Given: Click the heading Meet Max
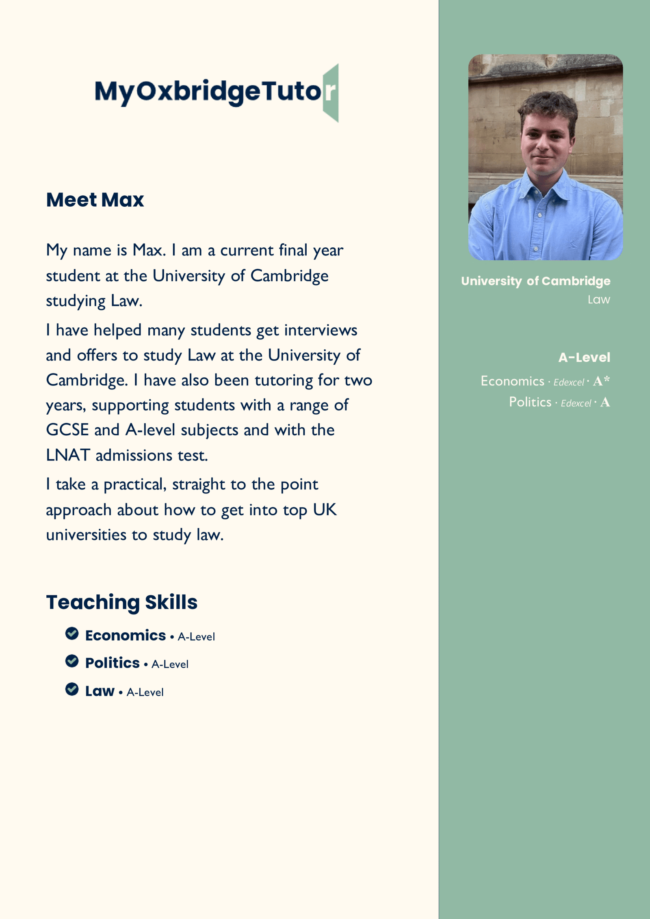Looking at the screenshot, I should pyautogui.click(x=95, y=200).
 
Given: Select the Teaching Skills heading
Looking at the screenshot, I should pyautogui.click(x=121, y=602).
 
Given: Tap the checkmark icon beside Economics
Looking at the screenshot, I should pyautogui.click(x=72, y=634).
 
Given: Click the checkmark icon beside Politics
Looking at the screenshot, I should pyautogui.click(x=72, y=661).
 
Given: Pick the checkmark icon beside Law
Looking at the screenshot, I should pyautogui.click(x=72, y=689).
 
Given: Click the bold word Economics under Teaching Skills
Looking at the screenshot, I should pyautogui.click(x=126, y=636).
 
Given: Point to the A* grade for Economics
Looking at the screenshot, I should pyautogui.click(x=601, y=381).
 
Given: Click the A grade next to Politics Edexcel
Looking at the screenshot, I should pyautogui.click(x=605, y=402).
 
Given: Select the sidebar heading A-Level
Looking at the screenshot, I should pyautogui.click(x=584, y=357).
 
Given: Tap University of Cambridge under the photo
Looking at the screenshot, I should pyautogui.click(x=535, y=281).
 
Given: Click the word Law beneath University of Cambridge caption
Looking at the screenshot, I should pyautogui.click(x=598, y=300).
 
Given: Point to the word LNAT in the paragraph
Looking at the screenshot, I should pyautogui.click(x=67, y=455).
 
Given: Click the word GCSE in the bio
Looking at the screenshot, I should pyautogui.click(x=67, y=430).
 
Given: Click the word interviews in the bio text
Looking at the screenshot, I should pyautogui.click(x=321, y=330).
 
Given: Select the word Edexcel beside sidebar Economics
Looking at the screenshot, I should pyautogui.click(x=569, y=383).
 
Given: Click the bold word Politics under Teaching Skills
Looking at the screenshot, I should pyautogui.click(x=113, y=663).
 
